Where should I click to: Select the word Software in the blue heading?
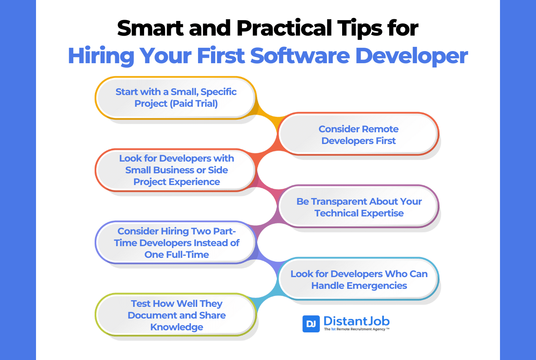click(300, 56)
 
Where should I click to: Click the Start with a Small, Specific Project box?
click(176, 98)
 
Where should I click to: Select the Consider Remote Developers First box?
click(358, 134)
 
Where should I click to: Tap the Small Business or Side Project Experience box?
click(176, 170)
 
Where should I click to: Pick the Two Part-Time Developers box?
click(176, 242)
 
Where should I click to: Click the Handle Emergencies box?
click(358, 279)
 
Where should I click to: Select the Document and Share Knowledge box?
click(176, 315)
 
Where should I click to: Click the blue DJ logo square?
click(311, 324)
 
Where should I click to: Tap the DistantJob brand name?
click(356, 321)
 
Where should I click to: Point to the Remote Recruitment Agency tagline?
click(356, 329)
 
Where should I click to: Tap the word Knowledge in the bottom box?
click(177, 327)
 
